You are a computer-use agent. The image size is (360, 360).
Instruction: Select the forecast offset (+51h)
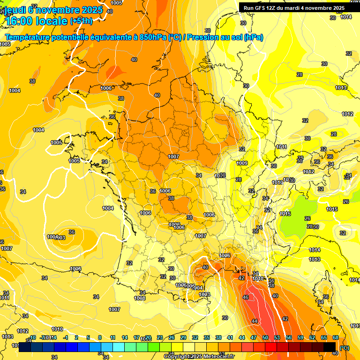(81, 21)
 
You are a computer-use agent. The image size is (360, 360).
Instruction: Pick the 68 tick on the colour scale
(336, 337)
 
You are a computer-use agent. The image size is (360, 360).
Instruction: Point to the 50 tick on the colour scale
(265, 337)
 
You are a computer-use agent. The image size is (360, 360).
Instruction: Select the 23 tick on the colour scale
(160, 337)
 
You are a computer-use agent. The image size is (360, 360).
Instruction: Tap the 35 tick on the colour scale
(207, 337)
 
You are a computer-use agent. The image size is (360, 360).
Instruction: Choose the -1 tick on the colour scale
(66, 337)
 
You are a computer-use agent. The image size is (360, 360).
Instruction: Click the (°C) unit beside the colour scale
(345, 348)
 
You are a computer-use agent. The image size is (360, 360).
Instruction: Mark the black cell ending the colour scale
(330, 347)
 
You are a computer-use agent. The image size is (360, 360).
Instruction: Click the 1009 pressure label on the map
(242, 163)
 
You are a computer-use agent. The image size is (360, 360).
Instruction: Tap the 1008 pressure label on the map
(140, 298)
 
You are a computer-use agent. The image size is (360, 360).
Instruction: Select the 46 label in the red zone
(245, 297)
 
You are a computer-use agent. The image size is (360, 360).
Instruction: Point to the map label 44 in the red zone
(255, 321)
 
